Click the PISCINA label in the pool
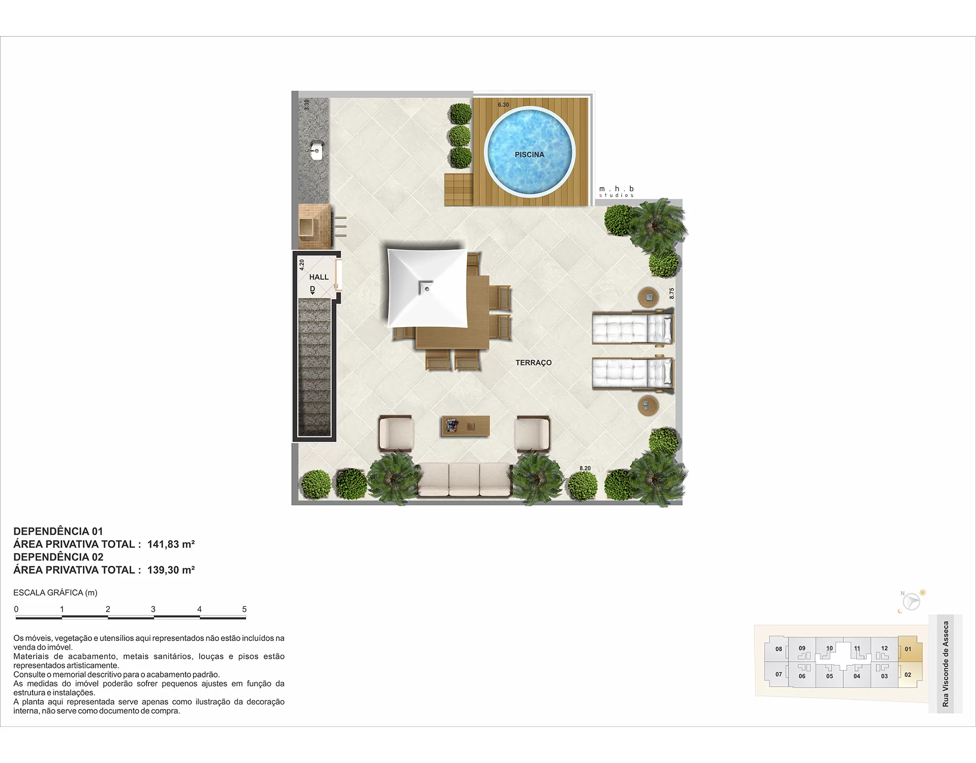point(529,155)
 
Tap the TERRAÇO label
point(533,363)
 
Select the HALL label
point(319,277)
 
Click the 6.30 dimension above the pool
point(503,105)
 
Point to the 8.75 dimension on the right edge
point(672,294)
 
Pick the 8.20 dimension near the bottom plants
point(585,468)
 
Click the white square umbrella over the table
point(427,288)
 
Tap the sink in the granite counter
point(316,151)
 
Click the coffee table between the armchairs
point(466,426)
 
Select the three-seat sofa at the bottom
point(464,480)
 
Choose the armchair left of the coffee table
point(396,434)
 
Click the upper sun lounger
point(633,329)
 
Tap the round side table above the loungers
point(649,297)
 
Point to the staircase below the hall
point(314,367)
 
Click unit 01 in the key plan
point(908,649)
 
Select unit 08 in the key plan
point(778,649)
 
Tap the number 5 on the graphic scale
point(245,609)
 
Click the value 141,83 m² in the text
point(171,544)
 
